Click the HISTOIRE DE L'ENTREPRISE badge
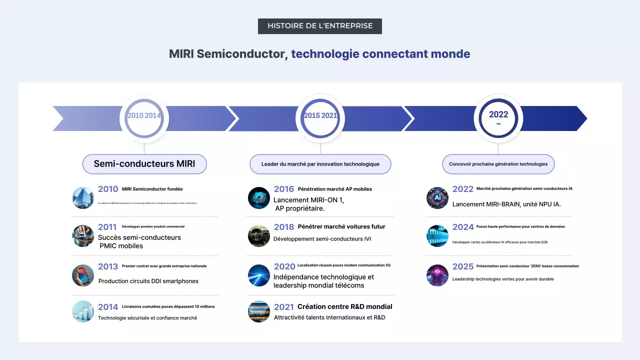pyautogui.click(x=319, y=26)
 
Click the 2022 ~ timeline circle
pyautogui.click(x=498, y=118)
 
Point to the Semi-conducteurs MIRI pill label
pyautogui.click(x=144, y=164)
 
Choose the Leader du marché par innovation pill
pyautogui.click(x=320, y=164)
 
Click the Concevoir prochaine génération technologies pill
pyautogui.click(x=498, y=164)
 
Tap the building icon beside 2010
pyautogui.click(x=83, y=198)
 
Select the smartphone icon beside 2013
pyautogui.click(x=83, y=275)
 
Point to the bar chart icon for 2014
pyautogui.click(x=83, y=311)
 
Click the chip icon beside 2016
pyautogui.click(x=259, y=198)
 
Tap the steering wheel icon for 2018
pyautogui.click(x=259, y=236)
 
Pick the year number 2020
pyautogui.click(x=284, y=266)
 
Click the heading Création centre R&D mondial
pyautogui.click(x=344, y=306)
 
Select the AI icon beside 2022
pyautogui.click(x=437, y=198)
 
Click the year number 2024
pyautogui.click(x=462, y=227)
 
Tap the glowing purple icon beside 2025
pyautogui.click(x=437, y=275)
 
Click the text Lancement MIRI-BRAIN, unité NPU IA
pyautogui.click(x=506, y=204)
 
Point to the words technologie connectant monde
pyautogui.click(x=380, y=54)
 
